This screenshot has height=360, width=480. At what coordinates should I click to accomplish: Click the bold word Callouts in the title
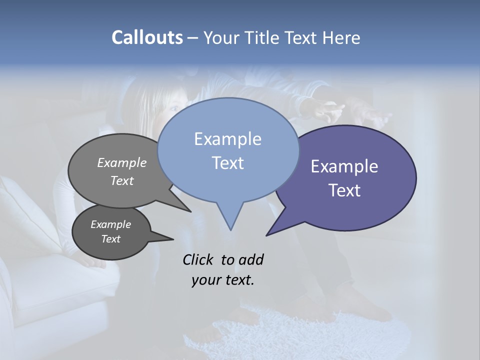pyautogui.click(x=147, y=37)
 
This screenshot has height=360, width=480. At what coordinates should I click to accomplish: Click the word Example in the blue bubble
pyautogui.click(x=227, y=139)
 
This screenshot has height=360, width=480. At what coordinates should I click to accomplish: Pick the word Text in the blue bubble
pyautogui.click(x=227, y=163)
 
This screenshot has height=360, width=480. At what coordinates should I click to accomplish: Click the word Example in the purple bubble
pyautogui.click(x=344, y=166)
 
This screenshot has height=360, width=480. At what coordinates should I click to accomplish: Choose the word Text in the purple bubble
pyautogui.click(x=345, y=190)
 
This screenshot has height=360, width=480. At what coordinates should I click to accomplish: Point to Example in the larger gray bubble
pyautogui.click(x=122, y=162)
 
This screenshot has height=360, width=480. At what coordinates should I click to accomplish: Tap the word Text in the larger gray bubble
pyautogui.click(x=122, y=180)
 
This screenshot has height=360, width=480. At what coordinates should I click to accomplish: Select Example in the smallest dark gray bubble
pyautogui.click(x=110, y=224)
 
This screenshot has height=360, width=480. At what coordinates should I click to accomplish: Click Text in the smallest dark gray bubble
pyautogui.click(x=110, y=239)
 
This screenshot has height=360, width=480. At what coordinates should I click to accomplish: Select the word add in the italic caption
pyautogui.click(x=250, y=259)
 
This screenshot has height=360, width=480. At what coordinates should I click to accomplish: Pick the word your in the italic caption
pyautogui.click(x=205, y=280)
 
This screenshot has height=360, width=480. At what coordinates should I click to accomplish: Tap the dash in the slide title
pyautogui.click(x=193, y=38)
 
